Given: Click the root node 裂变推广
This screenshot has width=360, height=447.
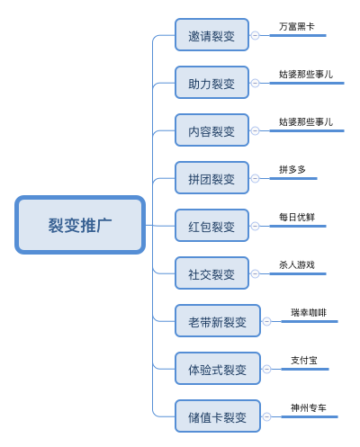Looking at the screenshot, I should click(80, 225).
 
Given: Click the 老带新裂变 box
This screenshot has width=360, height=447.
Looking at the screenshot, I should click(217, 321).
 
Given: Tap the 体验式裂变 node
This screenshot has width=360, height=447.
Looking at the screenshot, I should click(217, 369).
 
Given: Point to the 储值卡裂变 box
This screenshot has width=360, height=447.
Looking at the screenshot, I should click(217, 416).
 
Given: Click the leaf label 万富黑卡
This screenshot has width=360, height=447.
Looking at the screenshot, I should click(297, 27).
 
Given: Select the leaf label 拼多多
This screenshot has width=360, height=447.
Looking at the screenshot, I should click(292, 169).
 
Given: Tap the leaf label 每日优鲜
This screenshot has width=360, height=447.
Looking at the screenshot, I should click(297, 217).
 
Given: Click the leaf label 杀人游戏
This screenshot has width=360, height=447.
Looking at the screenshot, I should click(297, 264).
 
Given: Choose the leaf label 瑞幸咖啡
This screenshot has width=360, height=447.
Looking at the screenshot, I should click(309, 312).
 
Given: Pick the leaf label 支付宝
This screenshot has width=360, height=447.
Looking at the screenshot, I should click(304, 360).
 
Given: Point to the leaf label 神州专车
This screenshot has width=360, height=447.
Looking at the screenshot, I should click(309, 407).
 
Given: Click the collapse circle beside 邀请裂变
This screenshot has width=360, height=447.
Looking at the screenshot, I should click(255, 36).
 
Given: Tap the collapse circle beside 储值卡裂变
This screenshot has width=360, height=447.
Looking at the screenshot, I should click(265, 416).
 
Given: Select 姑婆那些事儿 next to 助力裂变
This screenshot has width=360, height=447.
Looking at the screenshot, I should click(306, 75).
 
